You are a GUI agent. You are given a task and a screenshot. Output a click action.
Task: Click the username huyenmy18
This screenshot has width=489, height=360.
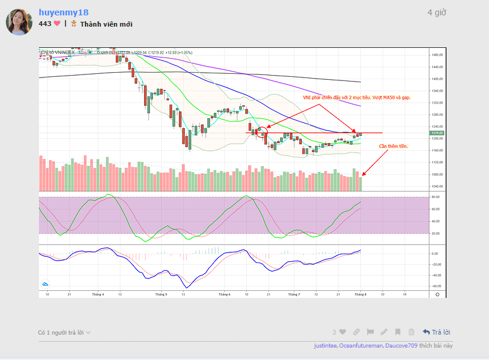point(63,12)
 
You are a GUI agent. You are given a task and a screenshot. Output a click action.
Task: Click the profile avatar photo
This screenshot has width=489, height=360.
point(19,22)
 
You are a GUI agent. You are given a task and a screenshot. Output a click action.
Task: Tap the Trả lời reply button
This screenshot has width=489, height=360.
point(436,332)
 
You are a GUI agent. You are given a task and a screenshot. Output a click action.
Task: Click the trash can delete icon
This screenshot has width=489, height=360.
point(411,332)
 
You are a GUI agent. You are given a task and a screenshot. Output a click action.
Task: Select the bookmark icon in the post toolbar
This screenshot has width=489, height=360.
point(398,332)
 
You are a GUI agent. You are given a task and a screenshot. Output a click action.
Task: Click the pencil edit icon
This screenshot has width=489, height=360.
point(384,332)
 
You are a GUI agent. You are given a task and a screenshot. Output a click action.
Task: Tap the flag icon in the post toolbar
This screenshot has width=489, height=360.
point(370,332)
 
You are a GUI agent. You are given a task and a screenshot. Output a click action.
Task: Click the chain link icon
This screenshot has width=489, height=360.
point(357,332)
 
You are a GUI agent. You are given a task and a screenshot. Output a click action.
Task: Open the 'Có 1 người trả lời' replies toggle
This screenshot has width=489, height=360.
point(64,332)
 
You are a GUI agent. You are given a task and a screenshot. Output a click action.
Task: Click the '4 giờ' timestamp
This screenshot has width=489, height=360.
point(436,12)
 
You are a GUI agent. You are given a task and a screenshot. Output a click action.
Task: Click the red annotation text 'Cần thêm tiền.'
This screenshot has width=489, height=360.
point(393,145)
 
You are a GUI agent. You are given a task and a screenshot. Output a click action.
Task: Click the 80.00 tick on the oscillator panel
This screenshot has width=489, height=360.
point(436,197)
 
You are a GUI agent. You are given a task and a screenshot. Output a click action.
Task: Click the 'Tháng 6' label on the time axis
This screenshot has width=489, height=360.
point(224,294)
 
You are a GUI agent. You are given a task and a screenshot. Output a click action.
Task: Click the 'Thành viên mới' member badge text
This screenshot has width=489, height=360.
point(106,24)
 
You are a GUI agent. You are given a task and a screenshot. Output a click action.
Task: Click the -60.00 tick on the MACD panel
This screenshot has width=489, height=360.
point(436,286)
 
